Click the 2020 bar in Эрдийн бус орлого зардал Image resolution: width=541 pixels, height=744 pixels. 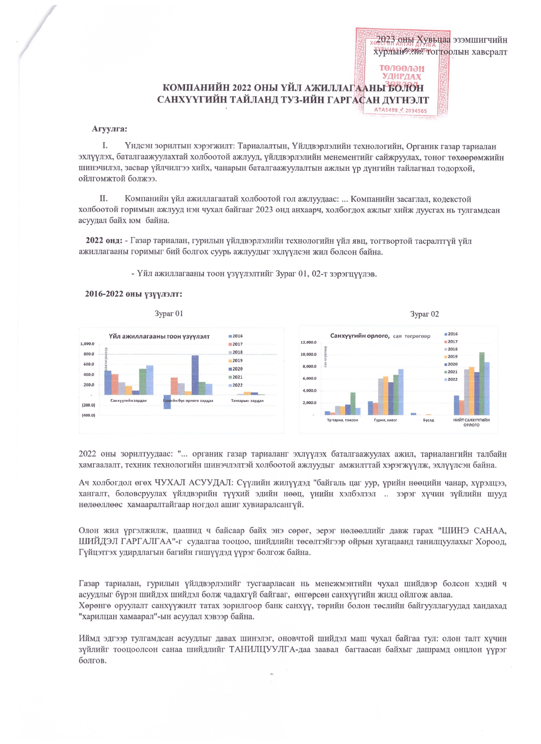195,375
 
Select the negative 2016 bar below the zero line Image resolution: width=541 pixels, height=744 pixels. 167,402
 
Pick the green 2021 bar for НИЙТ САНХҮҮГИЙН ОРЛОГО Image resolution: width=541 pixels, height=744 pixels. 482,383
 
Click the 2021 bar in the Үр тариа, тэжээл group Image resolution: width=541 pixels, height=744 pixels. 353,403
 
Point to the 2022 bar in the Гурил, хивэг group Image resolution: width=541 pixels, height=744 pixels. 400,392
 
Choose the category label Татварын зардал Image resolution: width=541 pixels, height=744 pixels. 247,400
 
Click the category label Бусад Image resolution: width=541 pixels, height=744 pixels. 428,420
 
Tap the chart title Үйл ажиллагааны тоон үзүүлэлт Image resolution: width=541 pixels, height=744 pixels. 159,337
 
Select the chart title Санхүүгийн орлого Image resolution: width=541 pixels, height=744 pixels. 359,336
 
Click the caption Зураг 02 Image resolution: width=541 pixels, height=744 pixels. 424,314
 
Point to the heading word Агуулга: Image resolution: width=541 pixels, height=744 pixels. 109,129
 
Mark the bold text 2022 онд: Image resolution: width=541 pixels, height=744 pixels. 104,241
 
